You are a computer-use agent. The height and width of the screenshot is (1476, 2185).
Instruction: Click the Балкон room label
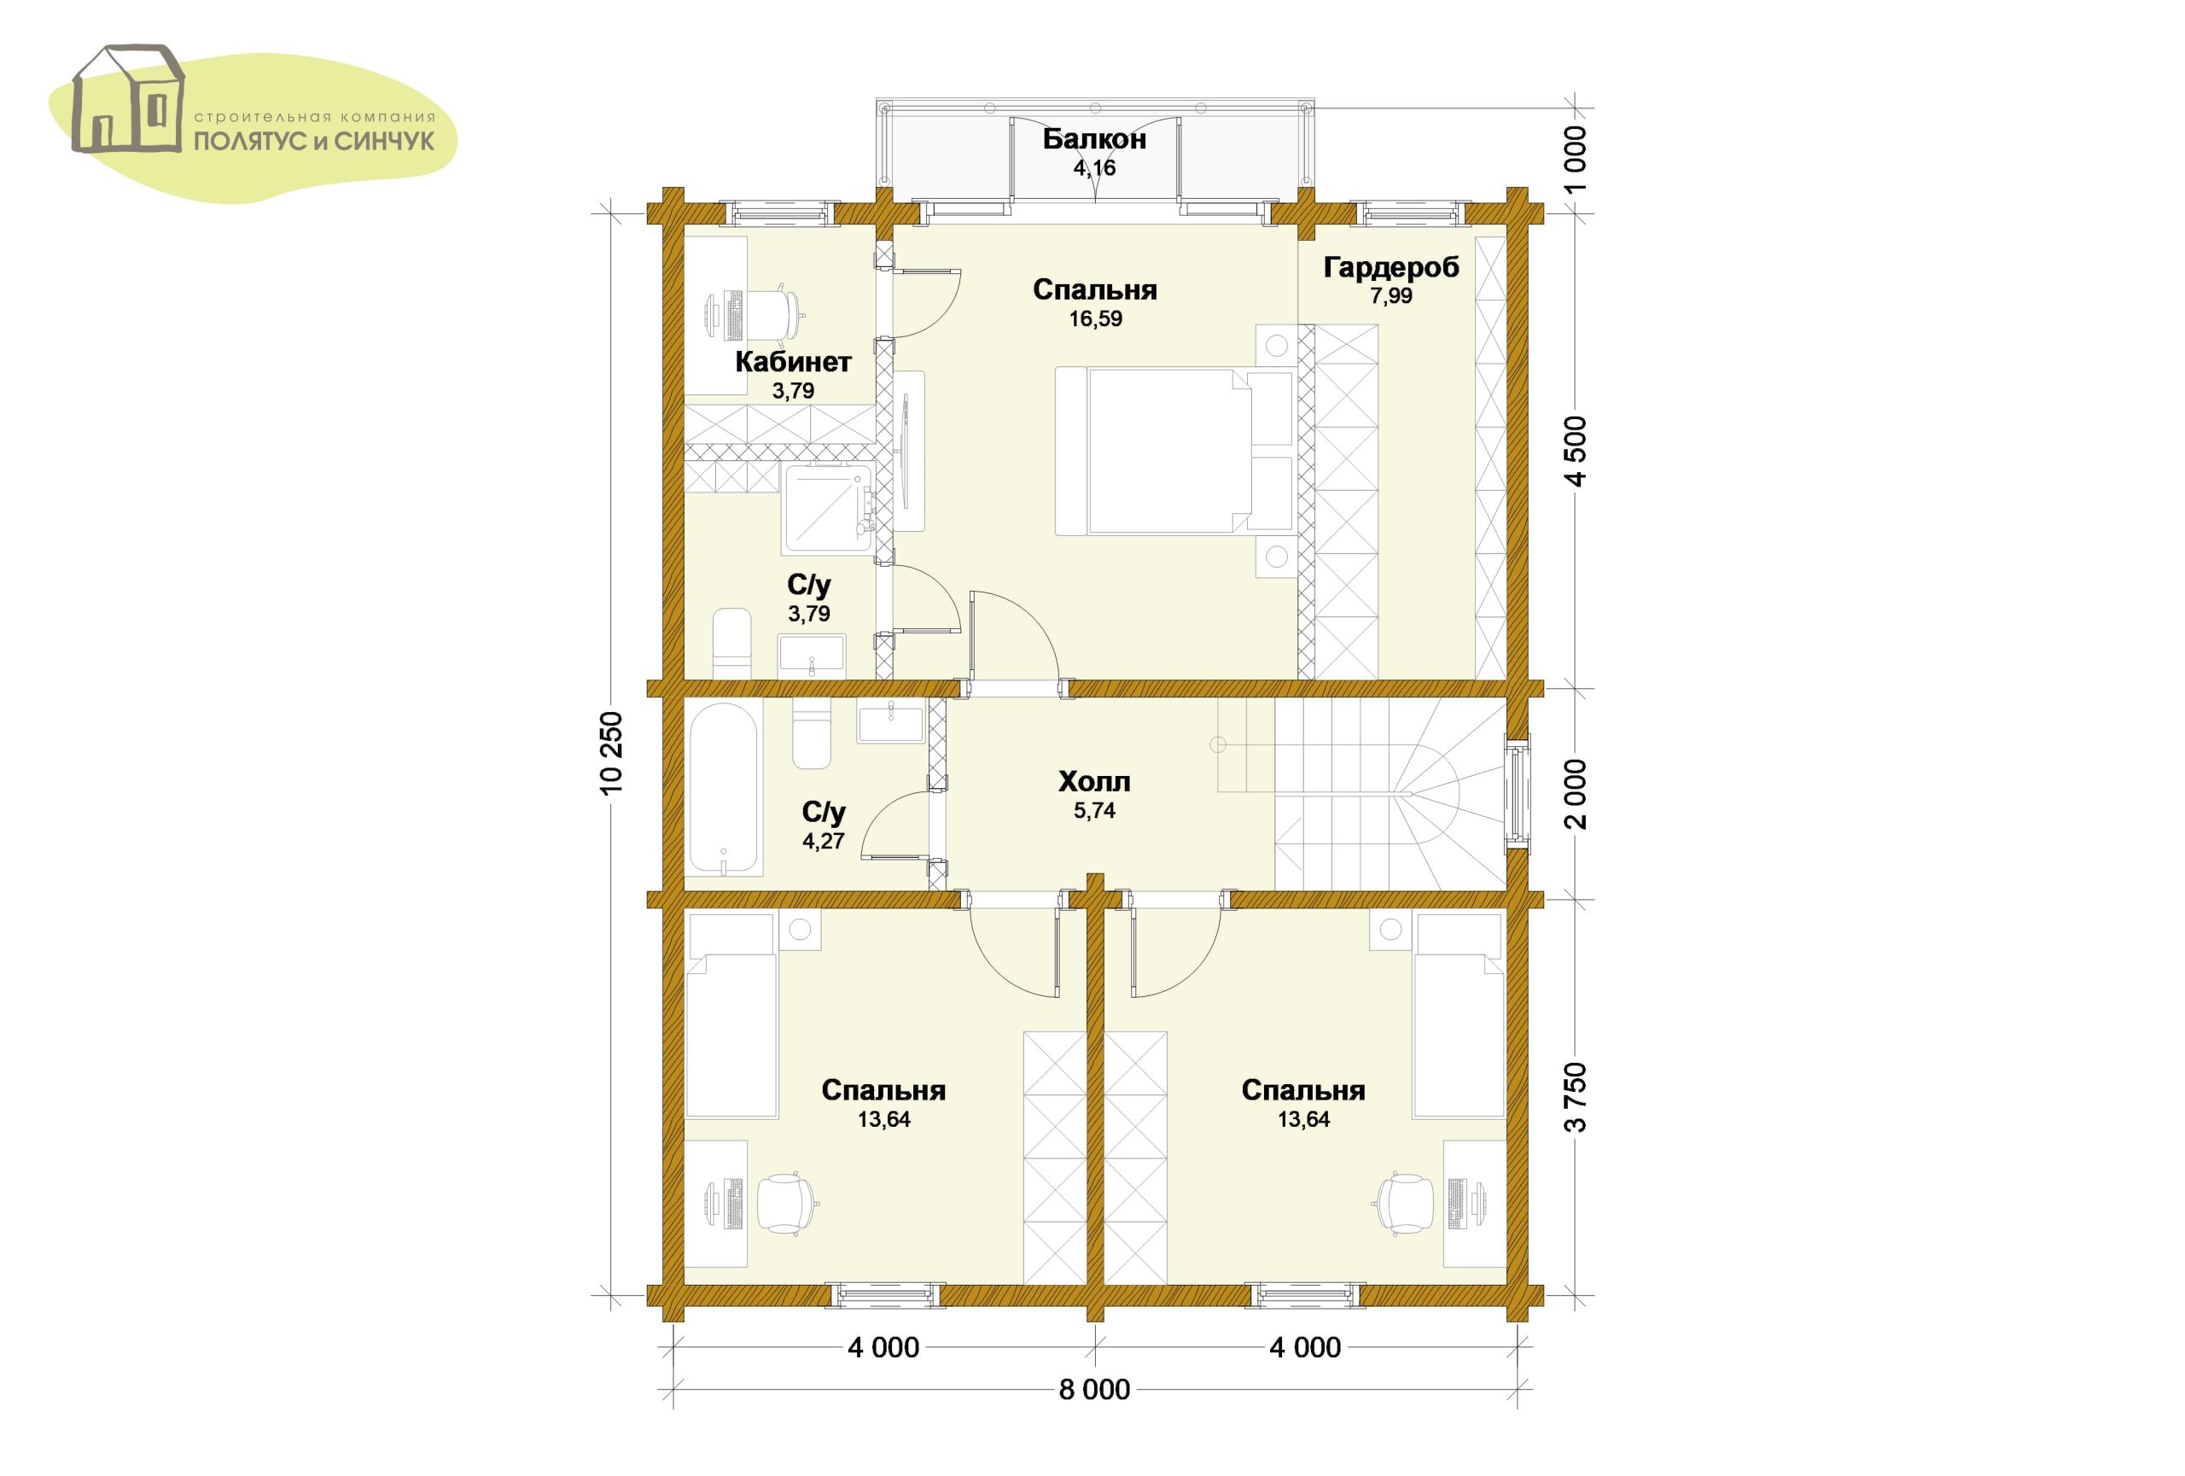(1094, 140)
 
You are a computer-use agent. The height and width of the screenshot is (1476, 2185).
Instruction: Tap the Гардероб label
(1391, 268)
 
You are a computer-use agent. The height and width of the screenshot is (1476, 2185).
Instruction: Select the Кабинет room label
(794, 362)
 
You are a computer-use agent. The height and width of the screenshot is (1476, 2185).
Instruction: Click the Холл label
(1094, 781)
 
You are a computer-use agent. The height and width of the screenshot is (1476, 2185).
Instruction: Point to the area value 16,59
(1095, 318)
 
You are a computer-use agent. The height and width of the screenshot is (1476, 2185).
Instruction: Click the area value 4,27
(824, 841)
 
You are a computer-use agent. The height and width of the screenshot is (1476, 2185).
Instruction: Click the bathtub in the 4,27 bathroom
(723, 791)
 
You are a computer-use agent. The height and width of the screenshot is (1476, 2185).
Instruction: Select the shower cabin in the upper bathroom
(828, 508)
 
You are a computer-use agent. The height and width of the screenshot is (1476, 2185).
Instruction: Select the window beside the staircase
(1517, 792)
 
